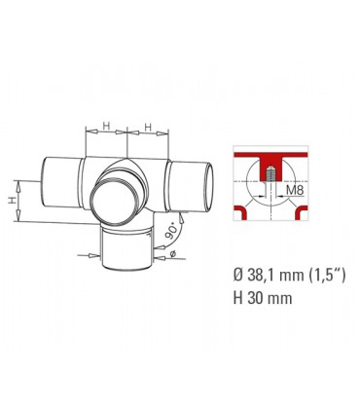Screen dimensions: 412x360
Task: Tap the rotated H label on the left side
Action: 13,199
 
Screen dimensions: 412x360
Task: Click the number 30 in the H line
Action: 258,298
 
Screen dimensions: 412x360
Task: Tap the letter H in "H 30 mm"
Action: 238,298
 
